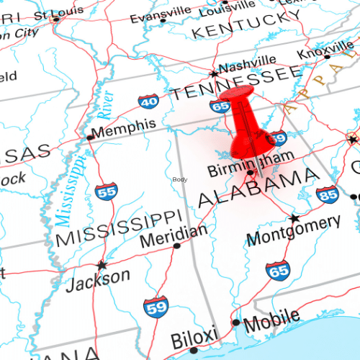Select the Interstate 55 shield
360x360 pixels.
click(106, 192)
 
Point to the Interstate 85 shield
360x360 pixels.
click(327, 194)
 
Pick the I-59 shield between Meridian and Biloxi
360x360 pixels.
click(155, 307)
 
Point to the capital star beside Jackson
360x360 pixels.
click(102, 265)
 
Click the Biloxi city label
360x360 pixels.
click(194, 336)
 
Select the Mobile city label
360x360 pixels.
click(271, 318)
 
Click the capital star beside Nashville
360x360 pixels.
click(212, 73)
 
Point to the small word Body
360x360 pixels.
click(179, 179)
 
